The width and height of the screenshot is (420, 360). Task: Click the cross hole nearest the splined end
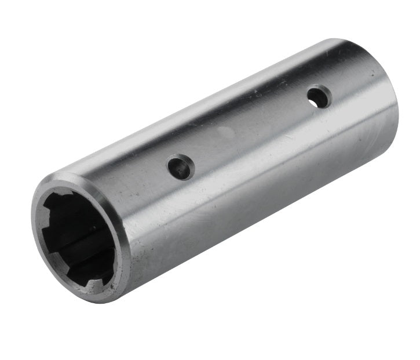(x=181, y=168)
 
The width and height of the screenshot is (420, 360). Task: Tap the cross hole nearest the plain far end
(x=319, y=97)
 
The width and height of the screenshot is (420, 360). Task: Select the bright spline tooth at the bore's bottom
(x=94, y=282)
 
